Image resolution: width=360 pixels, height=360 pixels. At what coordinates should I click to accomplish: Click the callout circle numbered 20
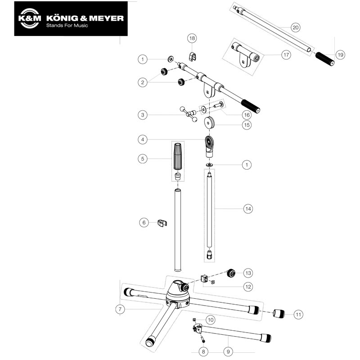click(295, 27)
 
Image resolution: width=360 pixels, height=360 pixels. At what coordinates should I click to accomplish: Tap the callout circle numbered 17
click(286, 54)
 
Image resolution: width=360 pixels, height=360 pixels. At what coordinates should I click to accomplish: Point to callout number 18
click(192, 39)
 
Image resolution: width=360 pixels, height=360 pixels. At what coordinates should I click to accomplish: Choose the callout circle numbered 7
click(120, 309)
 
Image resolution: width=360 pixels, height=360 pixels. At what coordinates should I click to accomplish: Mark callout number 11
click(299, 314)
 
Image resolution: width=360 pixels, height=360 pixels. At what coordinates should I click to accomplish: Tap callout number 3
click(143, 115)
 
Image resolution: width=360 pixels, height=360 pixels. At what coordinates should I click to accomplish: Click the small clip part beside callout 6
click(162, 223)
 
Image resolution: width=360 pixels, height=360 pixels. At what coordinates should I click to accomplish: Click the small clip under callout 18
click(193, 56)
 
